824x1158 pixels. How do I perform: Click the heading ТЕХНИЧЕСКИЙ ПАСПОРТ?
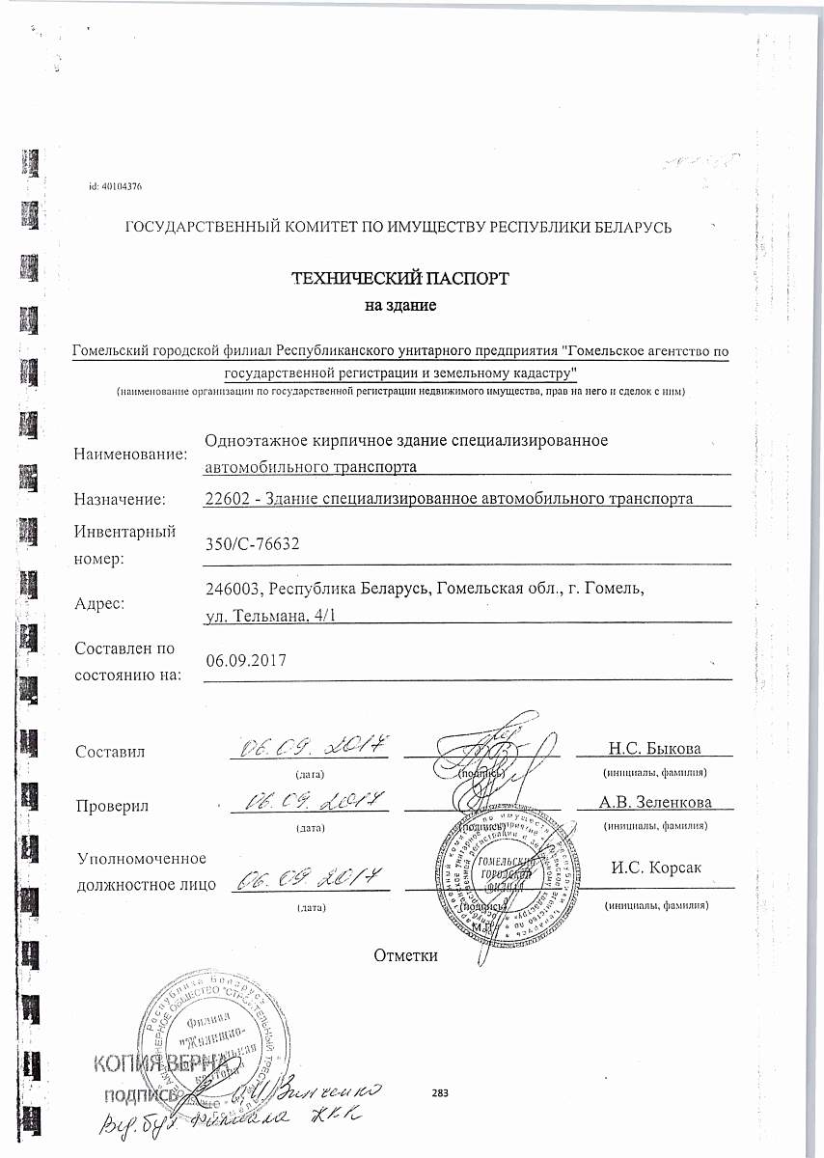click(x=400, y=280)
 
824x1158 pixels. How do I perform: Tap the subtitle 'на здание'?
click(x=399, y=307)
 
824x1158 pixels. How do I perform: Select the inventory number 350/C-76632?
click(x=253, y=544)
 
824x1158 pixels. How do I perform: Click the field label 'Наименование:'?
click(x=130, y=454)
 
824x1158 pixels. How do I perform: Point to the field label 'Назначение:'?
click(x=121, y=499)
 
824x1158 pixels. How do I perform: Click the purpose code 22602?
click(x=229, y=499)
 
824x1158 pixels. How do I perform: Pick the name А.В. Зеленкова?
click(x=655, y=802)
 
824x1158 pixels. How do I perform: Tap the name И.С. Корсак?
click(x=656, y=867)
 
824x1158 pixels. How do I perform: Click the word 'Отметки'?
click(x=405, y=955)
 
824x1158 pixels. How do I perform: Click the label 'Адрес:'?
click(x=100, y=604)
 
